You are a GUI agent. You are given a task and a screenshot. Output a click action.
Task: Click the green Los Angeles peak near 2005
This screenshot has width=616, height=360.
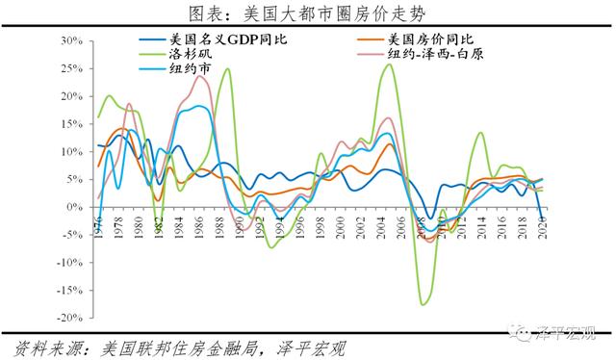point(387,64)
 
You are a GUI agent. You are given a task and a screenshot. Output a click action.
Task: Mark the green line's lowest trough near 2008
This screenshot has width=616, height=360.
point(423,304)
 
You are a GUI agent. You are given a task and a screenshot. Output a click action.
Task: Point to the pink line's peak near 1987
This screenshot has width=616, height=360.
point(200,77)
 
